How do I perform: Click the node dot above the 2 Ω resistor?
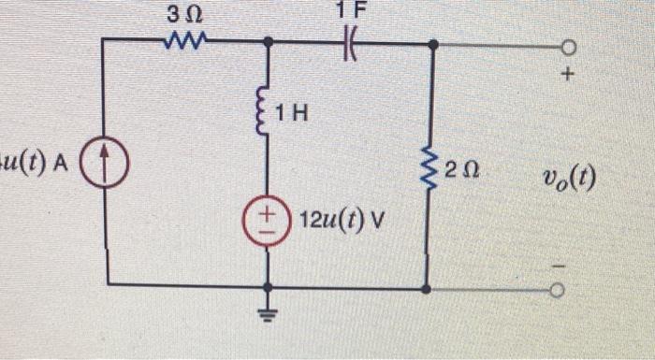(x=430, y=44)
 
